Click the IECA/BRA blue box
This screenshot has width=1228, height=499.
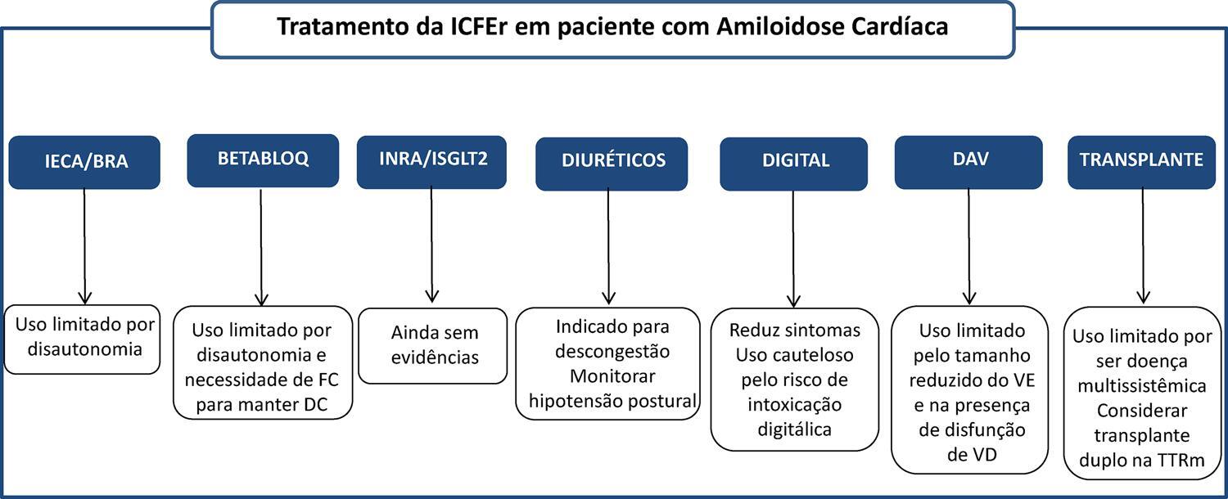[x=84, y=162]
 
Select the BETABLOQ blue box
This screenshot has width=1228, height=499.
[x=263, y=160]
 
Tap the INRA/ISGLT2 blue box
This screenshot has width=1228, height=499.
[x=431, y=162]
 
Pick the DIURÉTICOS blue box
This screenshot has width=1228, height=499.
[x=612, y=164]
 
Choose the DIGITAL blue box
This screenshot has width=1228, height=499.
[x=794, y=164]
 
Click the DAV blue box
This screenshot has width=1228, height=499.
[x=968, y=162]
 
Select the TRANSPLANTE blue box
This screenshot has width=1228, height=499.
[x=1142, y=162]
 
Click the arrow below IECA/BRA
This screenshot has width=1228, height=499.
[x=84, y=246]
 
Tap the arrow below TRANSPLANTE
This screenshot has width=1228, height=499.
[x=1143, y=246]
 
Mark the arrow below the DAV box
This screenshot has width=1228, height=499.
[x=969, y=247]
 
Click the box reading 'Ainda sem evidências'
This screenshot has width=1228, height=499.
[x=433, y=346]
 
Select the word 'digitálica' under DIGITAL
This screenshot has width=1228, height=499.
[x=794, y=429]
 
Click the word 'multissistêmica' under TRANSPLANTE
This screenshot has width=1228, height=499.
[x=1142, y=385]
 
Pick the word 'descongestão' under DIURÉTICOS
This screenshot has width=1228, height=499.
[x=612, y=352]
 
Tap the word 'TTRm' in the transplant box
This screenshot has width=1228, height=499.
[x=1181, y=460]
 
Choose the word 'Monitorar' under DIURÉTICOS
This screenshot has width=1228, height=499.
[x=612, y=376]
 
